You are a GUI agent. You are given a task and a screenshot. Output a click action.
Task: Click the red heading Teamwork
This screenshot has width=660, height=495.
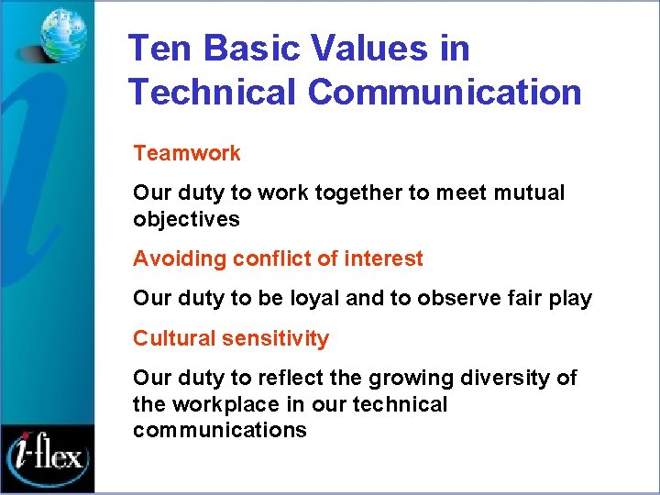coord(187,153)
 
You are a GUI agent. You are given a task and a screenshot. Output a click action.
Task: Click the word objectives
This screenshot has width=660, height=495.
coord(186,220)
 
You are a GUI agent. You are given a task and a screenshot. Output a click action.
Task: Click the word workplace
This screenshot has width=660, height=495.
coord(228,404)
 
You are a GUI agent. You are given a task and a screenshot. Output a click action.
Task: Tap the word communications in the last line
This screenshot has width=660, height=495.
coord(219,431)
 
